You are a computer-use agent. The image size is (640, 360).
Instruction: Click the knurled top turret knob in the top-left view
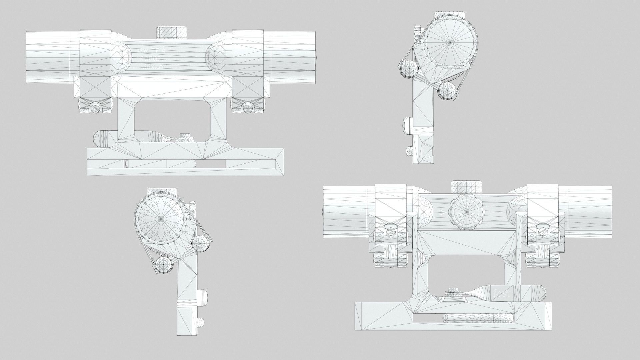click(172, 33)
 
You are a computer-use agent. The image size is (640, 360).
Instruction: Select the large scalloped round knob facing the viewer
click(466, 212)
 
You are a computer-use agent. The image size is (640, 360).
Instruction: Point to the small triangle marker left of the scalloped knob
click(442, 212)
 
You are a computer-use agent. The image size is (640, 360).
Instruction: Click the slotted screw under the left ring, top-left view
click(95, 107)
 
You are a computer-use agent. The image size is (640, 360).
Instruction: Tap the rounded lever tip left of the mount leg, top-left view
click(100, 139)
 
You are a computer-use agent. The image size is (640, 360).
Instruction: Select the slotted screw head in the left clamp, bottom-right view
click(390, 230)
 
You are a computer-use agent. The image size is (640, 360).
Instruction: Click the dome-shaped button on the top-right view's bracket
click(408, 125)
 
